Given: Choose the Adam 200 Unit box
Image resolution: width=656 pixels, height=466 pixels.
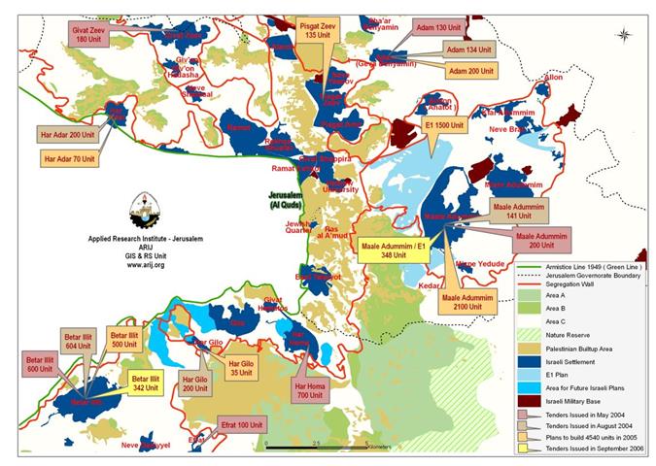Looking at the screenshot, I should (x=471, y=71).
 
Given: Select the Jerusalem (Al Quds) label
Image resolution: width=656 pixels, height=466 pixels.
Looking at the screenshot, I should (x=287, y=200).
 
